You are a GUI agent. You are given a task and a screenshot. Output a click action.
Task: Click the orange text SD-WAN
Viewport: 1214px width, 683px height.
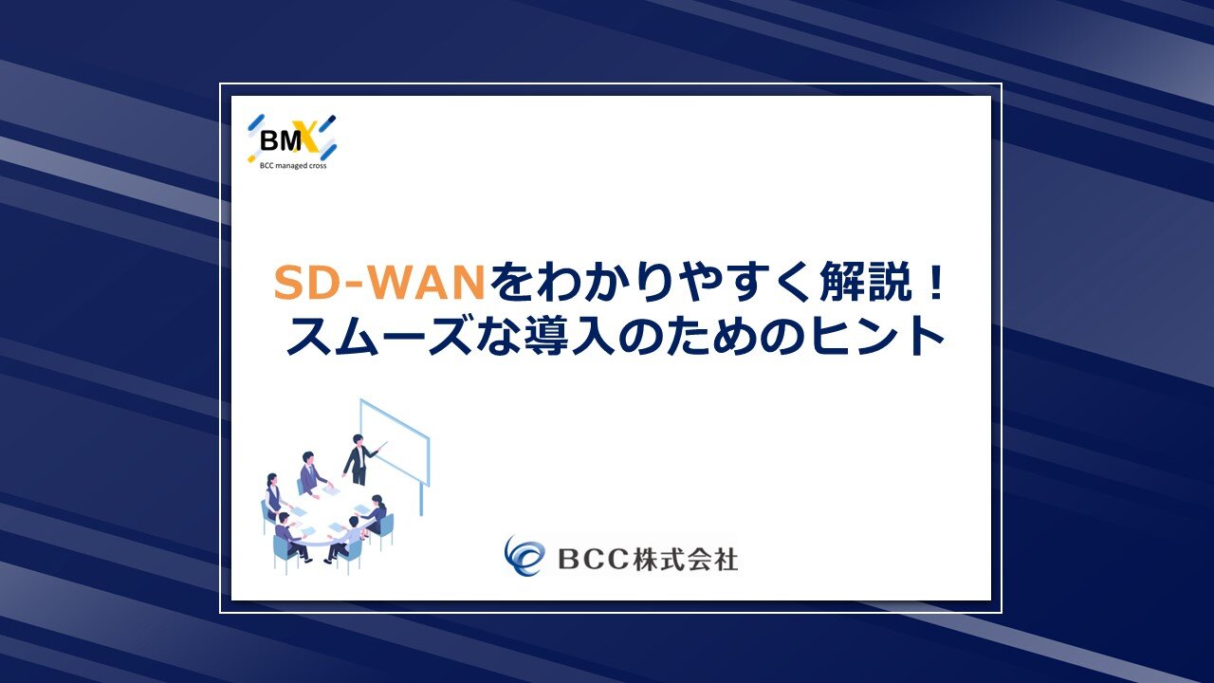click(379, 282)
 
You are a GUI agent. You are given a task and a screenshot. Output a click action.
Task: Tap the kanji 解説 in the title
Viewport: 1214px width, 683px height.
click(866, 282)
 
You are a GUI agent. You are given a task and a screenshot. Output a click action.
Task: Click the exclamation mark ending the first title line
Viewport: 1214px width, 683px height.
click(934, 282)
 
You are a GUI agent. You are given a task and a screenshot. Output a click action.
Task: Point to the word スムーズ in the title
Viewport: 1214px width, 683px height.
click(377, 336)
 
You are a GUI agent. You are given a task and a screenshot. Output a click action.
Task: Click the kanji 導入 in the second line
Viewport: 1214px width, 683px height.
click(569, 336)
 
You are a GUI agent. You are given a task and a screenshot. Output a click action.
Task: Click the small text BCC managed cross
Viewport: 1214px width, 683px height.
click(293, 166)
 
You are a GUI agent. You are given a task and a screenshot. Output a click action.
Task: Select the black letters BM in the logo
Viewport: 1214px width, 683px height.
click(280, 141)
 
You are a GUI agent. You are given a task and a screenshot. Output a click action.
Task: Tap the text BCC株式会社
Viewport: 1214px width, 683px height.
click(648, 559)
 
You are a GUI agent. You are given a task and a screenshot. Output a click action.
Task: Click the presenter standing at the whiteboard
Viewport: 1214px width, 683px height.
click(359, 460)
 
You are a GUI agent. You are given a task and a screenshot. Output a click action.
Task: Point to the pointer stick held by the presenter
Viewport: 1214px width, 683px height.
click(380, 447)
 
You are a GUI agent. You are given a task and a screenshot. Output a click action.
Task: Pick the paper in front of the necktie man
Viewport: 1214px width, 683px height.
click(331, 490)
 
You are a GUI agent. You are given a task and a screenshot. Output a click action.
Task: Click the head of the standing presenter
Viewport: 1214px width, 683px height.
click(359, 439)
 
